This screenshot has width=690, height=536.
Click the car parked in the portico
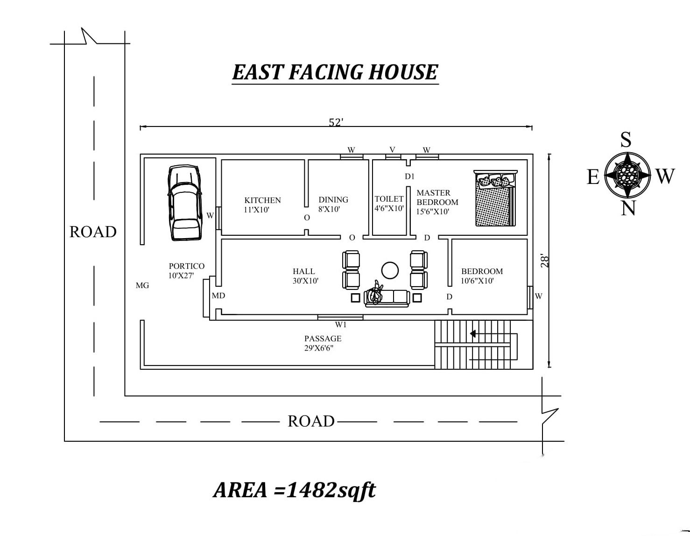[185, 202]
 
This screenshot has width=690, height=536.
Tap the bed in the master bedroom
[495, 198]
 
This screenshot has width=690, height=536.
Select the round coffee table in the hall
[390, 270]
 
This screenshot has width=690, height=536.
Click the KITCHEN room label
[262, 200]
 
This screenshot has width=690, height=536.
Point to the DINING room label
[333, 200]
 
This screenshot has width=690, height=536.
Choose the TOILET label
[389, 199]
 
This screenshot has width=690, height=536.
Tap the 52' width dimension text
[336, 122]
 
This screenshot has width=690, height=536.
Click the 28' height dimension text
[544, 261]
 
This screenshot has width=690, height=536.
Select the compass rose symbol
[627, 175]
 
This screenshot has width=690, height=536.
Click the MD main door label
[218, 296]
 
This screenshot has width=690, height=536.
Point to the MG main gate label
[142, 285]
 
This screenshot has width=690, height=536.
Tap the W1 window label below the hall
[341, 324]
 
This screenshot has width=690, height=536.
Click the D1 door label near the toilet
[409, 176]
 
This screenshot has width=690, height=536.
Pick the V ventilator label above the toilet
[393, 149]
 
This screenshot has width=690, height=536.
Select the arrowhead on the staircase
[472, 334]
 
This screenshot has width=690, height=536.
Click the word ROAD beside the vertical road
[93, 232]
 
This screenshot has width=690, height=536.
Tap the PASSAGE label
[323, 339]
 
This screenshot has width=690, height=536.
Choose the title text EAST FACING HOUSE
[335, 72]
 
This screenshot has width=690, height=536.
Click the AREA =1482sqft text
[295, 490]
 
